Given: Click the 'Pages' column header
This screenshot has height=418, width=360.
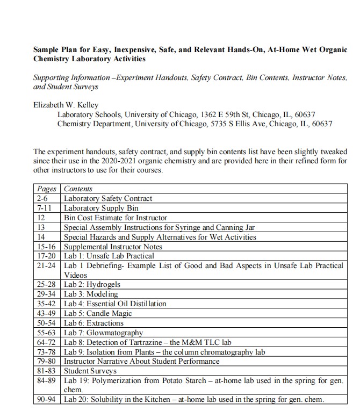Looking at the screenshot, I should click(x=47, y=189).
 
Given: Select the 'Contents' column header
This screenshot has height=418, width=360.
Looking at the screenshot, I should click(x=78, y=189).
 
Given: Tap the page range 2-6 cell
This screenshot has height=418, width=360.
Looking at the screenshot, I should click(x=42, y=199).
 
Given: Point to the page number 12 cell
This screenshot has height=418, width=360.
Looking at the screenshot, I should click(x=41, y=218).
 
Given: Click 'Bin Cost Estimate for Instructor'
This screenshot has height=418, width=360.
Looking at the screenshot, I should click(x=116, y=218).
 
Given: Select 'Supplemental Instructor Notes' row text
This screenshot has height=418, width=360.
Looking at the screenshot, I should click(x=113, y=247).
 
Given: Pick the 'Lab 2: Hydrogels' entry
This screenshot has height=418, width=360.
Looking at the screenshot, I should click(x=92, y=284).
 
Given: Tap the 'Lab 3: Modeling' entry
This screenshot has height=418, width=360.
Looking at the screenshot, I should click(x=91, y=294).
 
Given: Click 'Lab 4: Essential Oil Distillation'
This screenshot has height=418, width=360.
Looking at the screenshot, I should click(x=115, y=304).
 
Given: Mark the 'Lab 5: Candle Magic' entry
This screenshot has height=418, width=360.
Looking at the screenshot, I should click(x=98, y=313).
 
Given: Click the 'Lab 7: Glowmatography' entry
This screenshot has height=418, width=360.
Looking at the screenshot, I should click(x=104, y=333).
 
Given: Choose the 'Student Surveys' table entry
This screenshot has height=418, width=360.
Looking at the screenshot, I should click(x=90, y=371).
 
